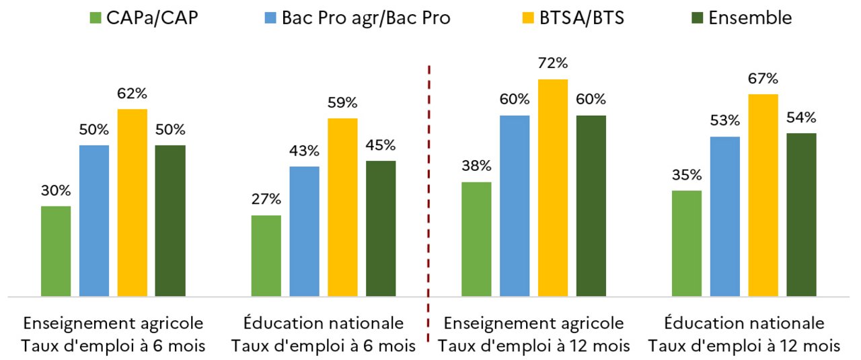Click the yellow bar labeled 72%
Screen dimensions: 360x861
[x=552, y=188]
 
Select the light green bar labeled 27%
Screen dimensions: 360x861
[x=266, y=256]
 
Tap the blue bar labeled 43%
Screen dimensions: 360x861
[x=304, y=231]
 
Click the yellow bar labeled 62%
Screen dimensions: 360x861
[x=132, y=202]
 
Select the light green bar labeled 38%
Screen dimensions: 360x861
[x=476, y=239]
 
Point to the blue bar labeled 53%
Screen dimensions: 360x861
[x=724, y=216]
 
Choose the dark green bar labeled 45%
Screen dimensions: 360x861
[x=381, y=228]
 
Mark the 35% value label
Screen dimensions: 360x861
[x=687, y=176]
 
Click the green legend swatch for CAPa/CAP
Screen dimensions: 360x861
[x=95, y=17]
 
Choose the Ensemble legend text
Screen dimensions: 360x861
[x=750, y=18]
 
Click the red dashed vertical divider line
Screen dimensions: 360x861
[x=429, y=202]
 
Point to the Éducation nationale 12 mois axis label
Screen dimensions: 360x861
[x=744, y=334]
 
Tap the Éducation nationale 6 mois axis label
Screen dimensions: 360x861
[x=324, y=334]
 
